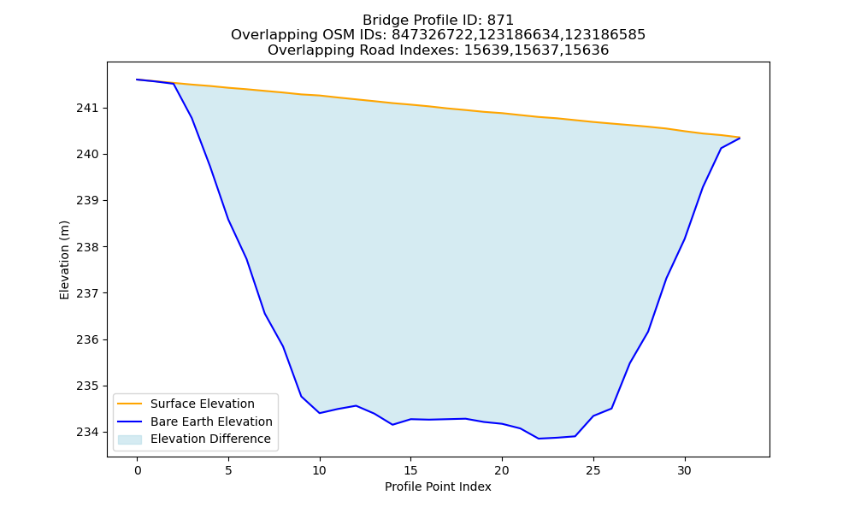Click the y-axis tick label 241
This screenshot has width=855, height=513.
pyautogui.click(x=88, y=109)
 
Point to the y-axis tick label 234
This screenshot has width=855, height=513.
pyautogui.click(x=88, y=433)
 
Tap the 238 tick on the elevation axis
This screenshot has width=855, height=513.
pyautogui.click(x=88, y=247)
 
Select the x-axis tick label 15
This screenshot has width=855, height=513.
pyautogui.click(x=410, y=470)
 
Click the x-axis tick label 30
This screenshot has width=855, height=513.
pyautogui.click(x=684, y=470)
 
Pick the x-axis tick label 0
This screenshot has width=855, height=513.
pyautogui.click(x=138, y=470)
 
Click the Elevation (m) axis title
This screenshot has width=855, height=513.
pyautogui.click(x=64, y=260)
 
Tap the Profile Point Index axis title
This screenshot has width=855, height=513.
pyautogui.click(x=438, y=486)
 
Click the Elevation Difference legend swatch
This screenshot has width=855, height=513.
pyautogui.click(x=130, y=439)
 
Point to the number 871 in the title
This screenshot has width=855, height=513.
pyautogui.click(x=500, y=21)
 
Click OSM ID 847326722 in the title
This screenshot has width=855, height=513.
pyautogui.click(x=433, y=35)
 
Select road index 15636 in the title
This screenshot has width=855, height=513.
pyautogui.click(x=587, y=50)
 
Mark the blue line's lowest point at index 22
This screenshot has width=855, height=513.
pyautogui.click(x=539, y=439)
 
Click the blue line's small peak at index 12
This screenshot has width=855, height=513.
pyautogui.click(x=356, y=405)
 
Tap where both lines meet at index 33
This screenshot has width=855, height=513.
pyautogui.click(x=740, y=138)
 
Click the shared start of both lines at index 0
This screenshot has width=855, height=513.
pyautogui.click(x=137, y=80)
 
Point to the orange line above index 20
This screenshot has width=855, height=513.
pyautogui.click(x=502, y=113)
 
